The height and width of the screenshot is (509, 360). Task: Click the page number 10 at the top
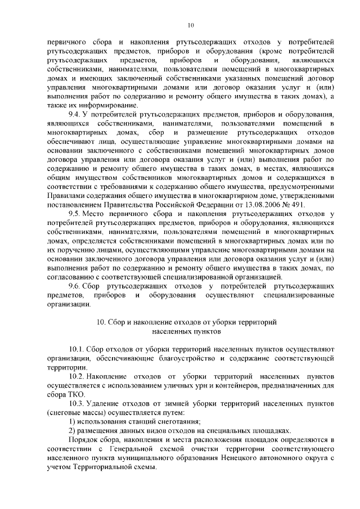191,25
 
